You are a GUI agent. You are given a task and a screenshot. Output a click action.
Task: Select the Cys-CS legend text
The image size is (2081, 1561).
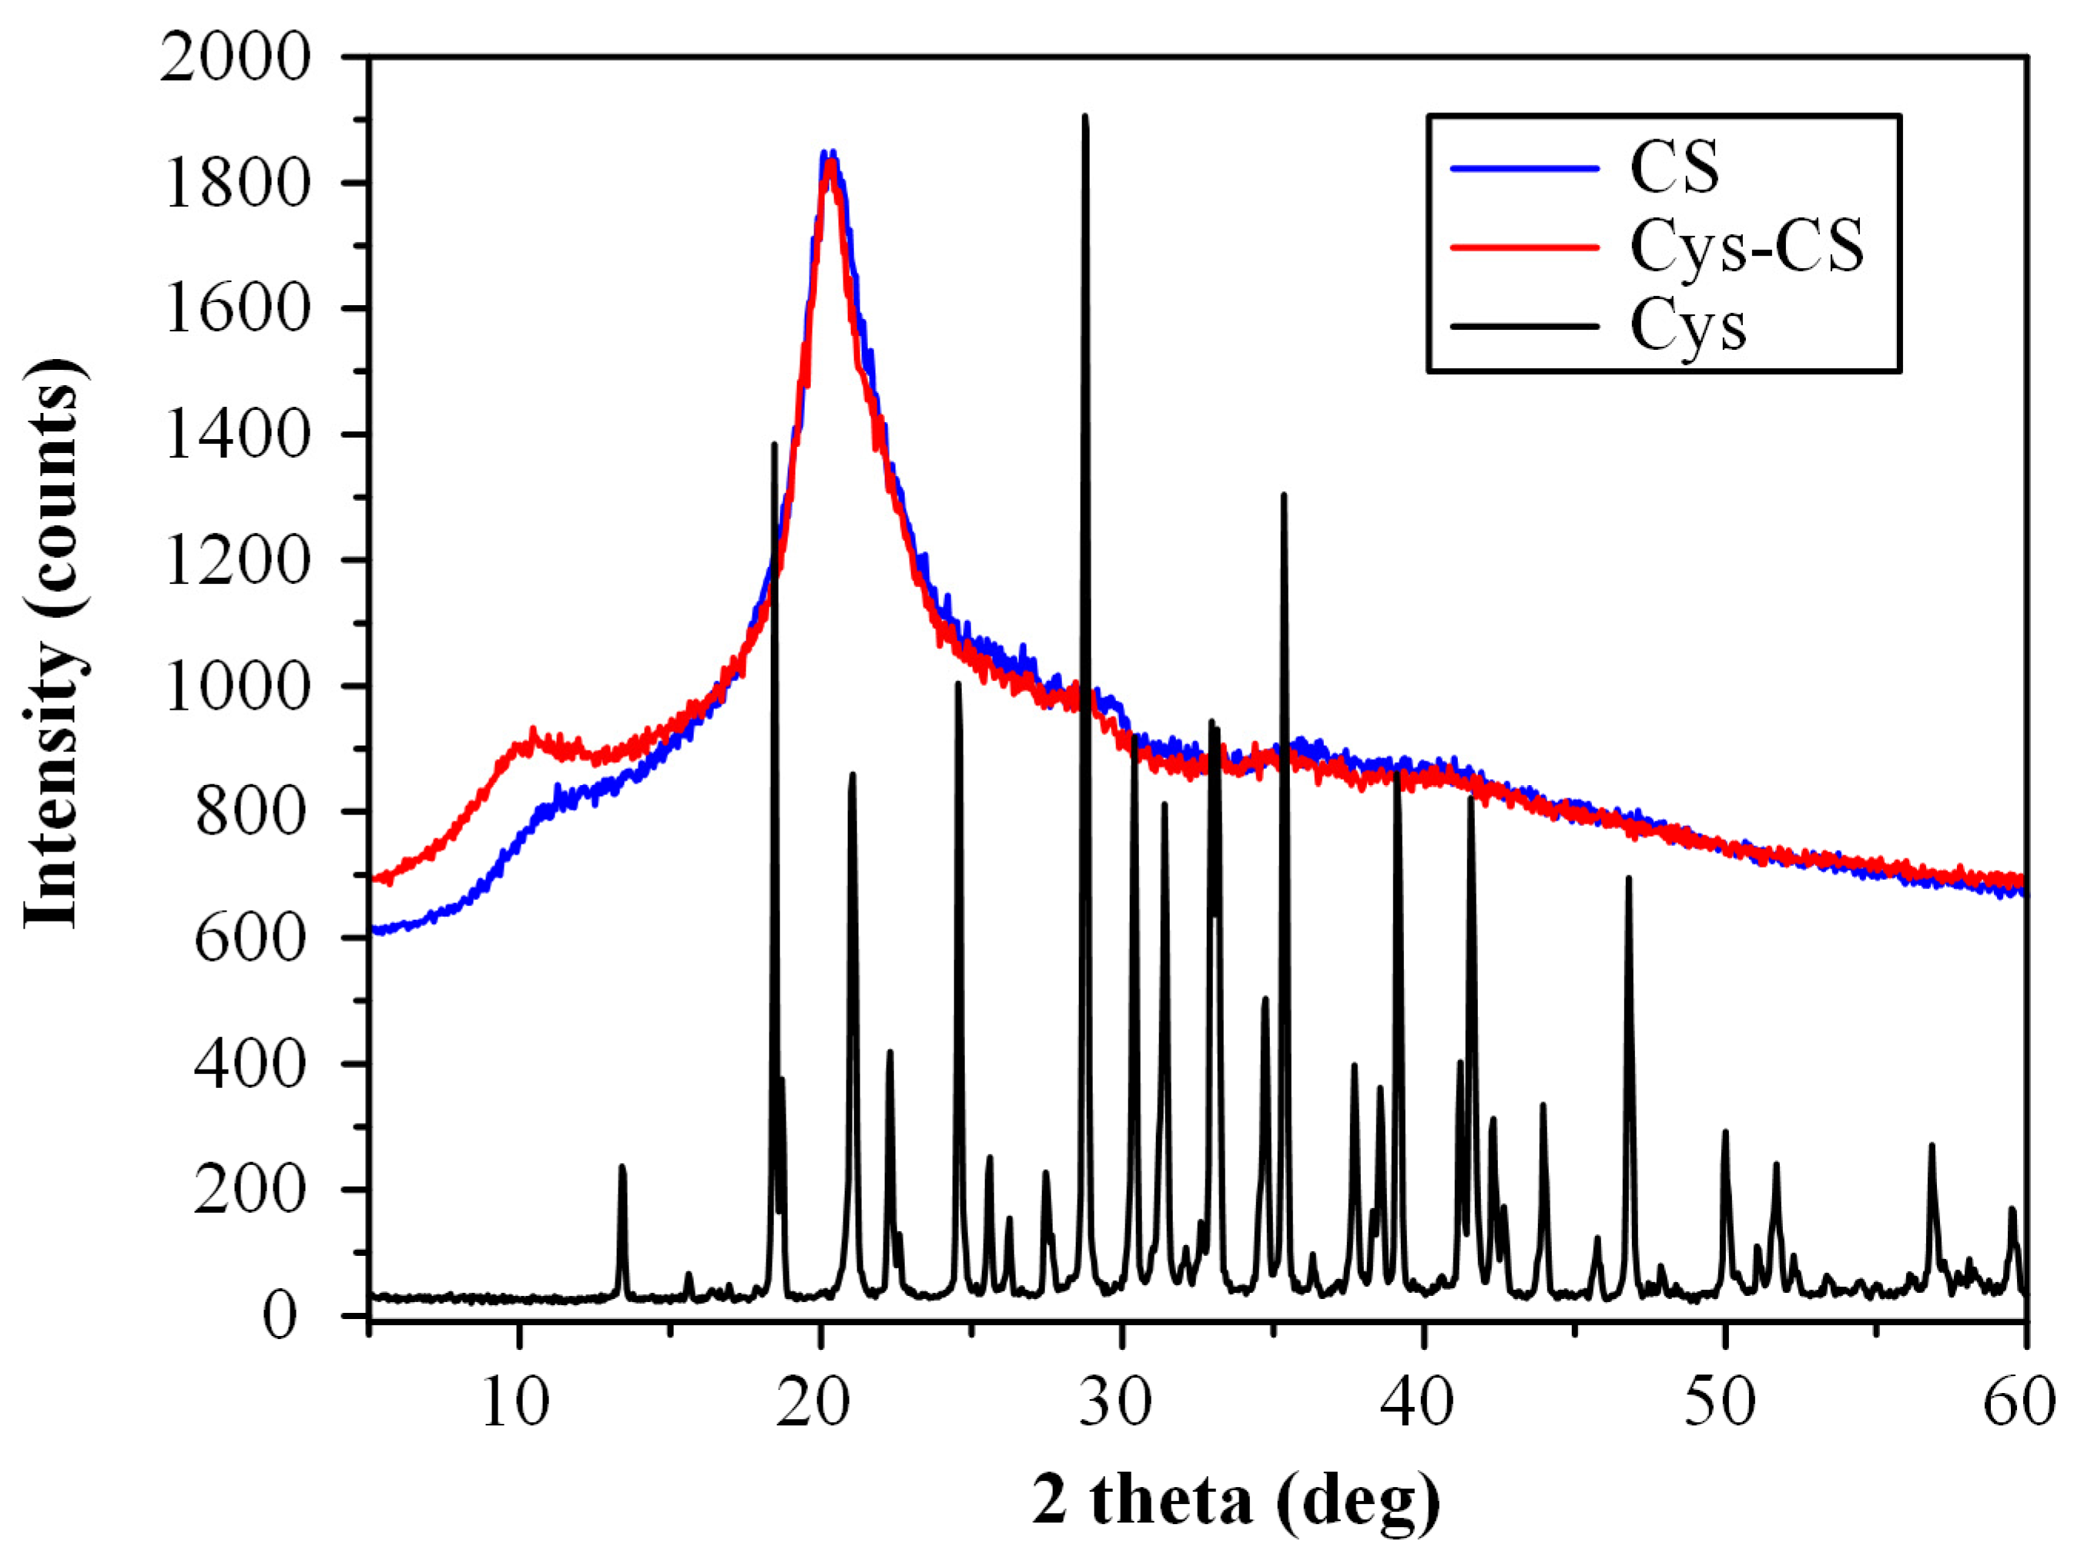point(1746,247)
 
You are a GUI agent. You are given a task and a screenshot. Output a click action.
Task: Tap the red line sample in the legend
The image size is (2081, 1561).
point(1524,247)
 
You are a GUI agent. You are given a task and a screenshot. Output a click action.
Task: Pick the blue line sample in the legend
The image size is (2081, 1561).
point(1524,169)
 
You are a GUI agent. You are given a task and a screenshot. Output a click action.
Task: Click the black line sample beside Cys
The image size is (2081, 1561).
point(1524,327)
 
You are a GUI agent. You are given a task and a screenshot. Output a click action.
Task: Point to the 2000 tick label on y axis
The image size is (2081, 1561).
point(234,59)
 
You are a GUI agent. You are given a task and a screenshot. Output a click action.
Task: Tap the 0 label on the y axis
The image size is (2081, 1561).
point(280,1315)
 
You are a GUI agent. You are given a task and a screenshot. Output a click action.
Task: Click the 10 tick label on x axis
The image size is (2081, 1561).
point(515,1404)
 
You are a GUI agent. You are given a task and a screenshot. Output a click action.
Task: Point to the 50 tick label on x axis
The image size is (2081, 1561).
point(1720,1404)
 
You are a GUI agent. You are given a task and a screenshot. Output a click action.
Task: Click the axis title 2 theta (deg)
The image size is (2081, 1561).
point(1235,1502)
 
